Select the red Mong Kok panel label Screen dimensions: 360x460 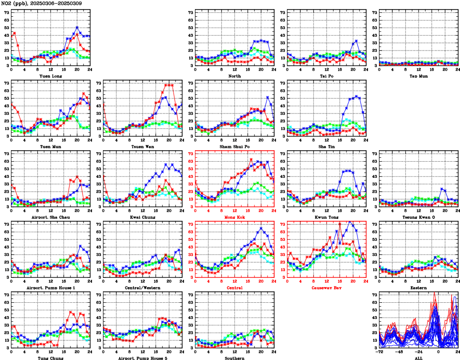tap(234, 217)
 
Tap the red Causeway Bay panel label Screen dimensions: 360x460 tap(327, 288)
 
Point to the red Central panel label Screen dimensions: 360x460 tap(234, 288)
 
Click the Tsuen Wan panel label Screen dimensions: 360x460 tap(142, 146)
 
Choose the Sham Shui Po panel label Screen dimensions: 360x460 tap(234, 146)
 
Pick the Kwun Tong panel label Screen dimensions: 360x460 tap(327, 217)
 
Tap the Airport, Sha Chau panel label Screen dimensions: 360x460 tap(50, 217)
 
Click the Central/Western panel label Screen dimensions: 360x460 tap(142, 288)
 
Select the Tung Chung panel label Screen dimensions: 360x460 tap(50, 358)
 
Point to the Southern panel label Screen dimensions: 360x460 tap(234, 358)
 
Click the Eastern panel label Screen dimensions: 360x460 tap(419, 288)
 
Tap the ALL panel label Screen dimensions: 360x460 tap(419, 358)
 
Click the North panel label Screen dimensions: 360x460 tap(234, 76)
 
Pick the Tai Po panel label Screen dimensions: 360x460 tap(327, 76)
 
